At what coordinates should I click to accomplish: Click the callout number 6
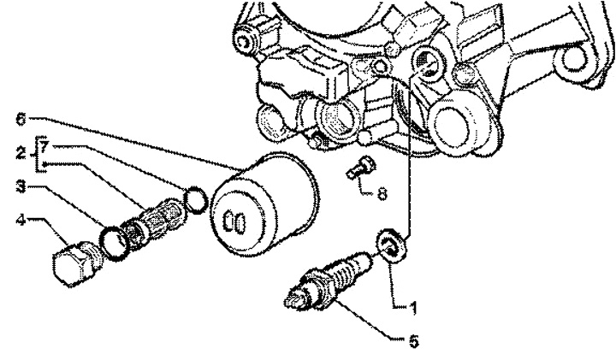tap(21, 119)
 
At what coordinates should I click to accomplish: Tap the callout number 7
tap(44, 148)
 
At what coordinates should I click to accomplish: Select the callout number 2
tap(21, 153)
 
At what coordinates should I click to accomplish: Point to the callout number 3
tap(21, 186)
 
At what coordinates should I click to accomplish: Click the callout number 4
tap(21, 220)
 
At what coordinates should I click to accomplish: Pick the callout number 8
tap(382, 193)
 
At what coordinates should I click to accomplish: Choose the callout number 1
tap(412, 308)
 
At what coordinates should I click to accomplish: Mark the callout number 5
tap(413, 341)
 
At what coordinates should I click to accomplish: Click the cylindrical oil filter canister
tap(264, 205)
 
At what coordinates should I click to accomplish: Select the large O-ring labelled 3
tap(114, 244)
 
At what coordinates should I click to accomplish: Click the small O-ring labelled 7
tap(196, 199)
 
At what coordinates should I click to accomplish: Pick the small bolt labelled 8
tap(361, 168)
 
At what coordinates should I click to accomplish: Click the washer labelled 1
tap(392, 245)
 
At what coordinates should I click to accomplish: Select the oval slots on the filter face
tap(234, 222)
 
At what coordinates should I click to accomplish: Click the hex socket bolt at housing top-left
tap(246, 39)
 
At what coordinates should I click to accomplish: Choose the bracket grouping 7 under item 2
tap(38, 154)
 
